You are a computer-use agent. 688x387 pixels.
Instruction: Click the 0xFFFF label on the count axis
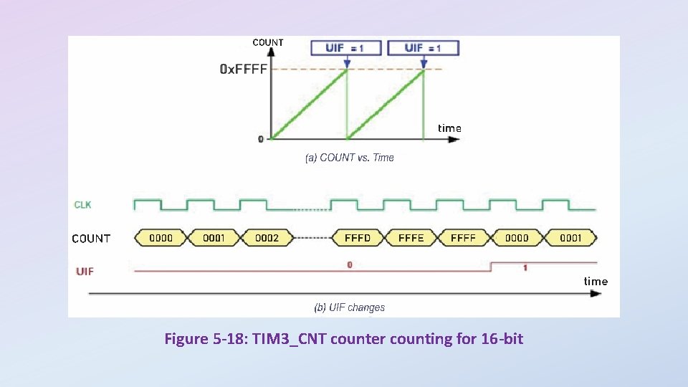pyautogui.click(x=243, y=70)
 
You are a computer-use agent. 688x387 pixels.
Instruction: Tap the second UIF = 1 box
pyautogui.click(x=423, y=48)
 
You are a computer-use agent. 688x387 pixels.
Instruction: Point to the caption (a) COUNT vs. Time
pyautogui.click(x=350, y=158)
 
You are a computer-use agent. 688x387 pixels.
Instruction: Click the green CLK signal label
pyautogui.click(x=83, y=205)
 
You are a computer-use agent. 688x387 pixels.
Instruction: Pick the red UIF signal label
pyautogui.click(x=85, y=272)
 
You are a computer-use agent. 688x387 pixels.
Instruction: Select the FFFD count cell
pyautogui.click(x=358, y=238)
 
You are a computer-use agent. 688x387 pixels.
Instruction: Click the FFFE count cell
pyautogui.click(x=411, y=238)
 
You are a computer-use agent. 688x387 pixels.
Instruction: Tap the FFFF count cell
pyautogui.click(x=463, y=238)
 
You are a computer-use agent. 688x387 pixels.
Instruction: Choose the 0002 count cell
pyautogui.click(x=267, y=238)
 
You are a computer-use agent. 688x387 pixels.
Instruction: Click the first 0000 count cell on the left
pyautogui.click(x=161, y=238)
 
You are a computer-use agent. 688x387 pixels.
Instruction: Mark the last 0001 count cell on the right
pyautogui.click(x=570, y=238)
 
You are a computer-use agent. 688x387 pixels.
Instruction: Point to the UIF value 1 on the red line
pyautogui.click(x=525, y=267)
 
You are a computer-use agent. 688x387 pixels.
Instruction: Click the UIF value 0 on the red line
pyautogui.click(x=350, y=264)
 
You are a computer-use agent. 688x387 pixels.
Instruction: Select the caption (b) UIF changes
pyautogui.click(x=350, y=307)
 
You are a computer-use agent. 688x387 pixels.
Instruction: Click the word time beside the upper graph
pyautogui.click(x=449, y=128)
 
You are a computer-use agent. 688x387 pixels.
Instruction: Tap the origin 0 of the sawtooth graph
pyautogui.click(x=261, y=139)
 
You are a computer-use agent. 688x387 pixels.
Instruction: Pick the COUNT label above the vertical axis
pyautogui.click(x=268, y=42)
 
